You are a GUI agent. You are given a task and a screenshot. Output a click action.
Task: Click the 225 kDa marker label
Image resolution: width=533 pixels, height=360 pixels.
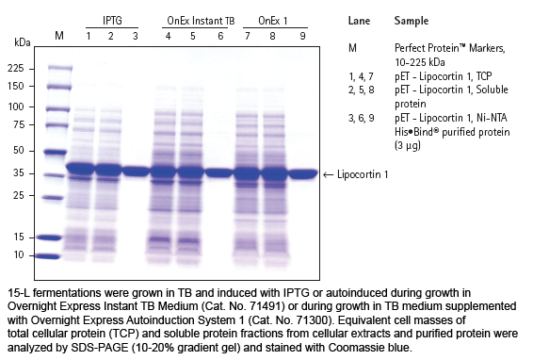(16, 69)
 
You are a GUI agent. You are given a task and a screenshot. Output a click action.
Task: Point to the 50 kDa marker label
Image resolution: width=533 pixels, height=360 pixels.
(19, 151)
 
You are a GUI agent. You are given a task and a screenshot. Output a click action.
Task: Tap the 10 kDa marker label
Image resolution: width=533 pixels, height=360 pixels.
(19, 254)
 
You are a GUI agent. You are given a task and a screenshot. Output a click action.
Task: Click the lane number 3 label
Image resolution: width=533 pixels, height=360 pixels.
(135, 36)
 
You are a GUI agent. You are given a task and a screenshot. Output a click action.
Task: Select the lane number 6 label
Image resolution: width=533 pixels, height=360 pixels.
(220, 36)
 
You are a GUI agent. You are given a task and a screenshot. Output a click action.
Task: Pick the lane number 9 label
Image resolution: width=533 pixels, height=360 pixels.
(302, 36)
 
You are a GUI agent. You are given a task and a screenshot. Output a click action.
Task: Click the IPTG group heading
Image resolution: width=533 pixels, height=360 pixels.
(112, 21)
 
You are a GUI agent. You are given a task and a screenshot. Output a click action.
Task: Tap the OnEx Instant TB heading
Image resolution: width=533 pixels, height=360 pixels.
(201, 21)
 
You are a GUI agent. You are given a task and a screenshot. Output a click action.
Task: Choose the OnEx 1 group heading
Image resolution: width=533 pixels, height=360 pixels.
(273, 21)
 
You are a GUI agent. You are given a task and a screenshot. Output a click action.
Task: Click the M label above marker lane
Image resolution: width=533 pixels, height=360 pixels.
(59, 36)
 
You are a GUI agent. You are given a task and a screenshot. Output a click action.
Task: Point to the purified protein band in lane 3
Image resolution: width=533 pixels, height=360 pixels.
(136, 171)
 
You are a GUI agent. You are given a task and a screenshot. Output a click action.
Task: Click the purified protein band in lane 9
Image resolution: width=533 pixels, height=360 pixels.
(303, 174)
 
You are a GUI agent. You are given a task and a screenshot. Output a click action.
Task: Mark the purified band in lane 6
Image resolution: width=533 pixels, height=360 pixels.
(218, 172)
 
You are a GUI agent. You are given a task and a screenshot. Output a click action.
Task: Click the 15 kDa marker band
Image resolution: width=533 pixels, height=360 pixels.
(50, 237)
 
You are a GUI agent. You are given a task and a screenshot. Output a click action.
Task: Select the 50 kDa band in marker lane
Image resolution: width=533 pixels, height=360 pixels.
(56, 153)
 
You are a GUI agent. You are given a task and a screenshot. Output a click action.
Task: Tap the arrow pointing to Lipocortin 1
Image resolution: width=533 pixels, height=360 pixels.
(328, 175)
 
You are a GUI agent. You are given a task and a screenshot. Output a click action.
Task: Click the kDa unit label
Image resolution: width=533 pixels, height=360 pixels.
(23, 42)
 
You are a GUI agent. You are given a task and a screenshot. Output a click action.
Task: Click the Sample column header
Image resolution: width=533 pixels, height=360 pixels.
(412, 21)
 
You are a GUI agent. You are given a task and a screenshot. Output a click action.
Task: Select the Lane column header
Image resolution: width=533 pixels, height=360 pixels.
(359, 21)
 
